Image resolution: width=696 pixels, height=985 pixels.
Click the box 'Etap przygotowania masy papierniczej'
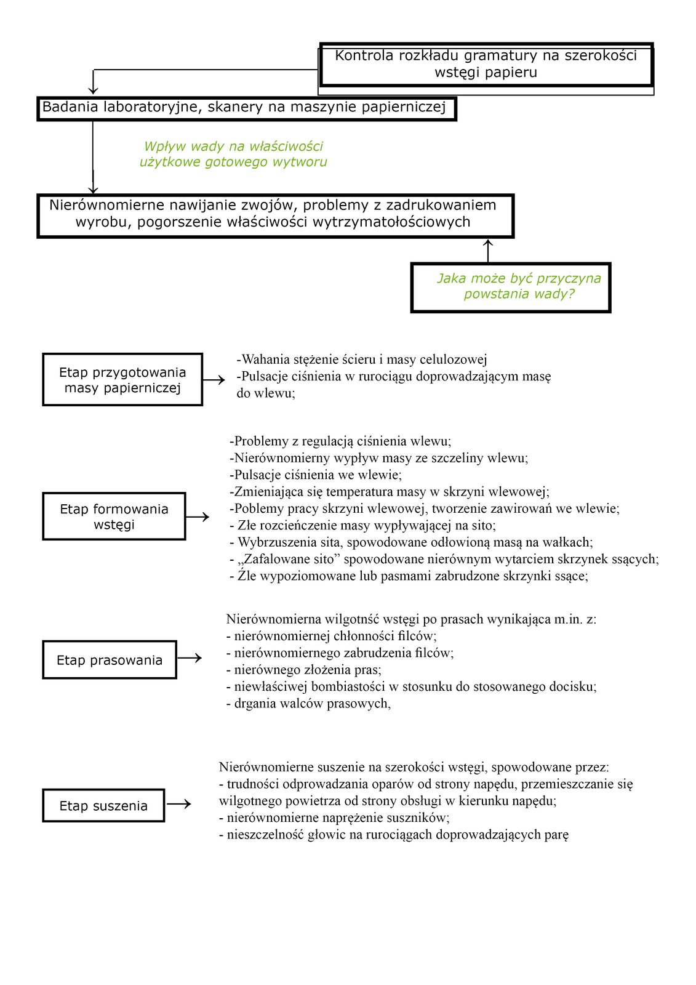pyautogui.click(x=122, y=380)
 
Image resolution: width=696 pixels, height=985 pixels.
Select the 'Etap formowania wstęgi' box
pyautogui.click(x=114, y=517)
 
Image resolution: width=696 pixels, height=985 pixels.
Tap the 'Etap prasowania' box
pyautogui.click(x=110, y=660)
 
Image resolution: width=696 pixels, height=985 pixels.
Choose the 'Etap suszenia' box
pyautogui.click(x=103, y=806)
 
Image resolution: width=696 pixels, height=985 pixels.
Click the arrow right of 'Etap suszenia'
pyautogui.click(x=179, y=804)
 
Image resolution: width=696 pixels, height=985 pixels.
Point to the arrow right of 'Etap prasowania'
pyautogui.click(x=190, y=658)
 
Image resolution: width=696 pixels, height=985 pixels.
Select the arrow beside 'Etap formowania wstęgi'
pyautogui.click(x=198, y=517)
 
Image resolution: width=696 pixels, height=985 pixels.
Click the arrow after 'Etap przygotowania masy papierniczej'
pyautogui.click(x=214, y=380)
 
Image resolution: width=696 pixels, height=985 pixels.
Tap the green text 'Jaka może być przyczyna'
pyautogui.click(x=519, y=278)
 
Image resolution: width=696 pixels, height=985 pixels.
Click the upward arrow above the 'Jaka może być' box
pyautogui.click(x=488, y=250)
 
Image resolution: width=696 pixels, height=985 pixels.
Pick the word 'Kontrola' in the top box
pyautogui.click(x=364, y=55)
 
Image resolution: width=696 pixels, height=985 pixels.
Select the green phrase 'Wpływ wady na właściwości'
pyautogui.click(x=233, y=147)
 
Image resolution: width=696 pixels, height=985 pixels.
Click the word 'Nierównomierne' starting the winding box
pyautogui.click(x=107, y=205)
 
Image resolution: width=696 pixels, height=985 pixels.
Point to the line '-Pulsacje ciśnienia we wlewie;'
pyautogui.click(x=316, y=475)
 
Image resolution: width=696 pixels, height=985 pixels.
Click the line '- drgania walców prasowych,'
pyautogui.click(x=308, y=704)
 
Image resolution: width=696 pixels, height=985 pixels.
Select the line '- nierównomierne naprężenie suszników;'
pyautogui.click(x=334, y=818)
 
